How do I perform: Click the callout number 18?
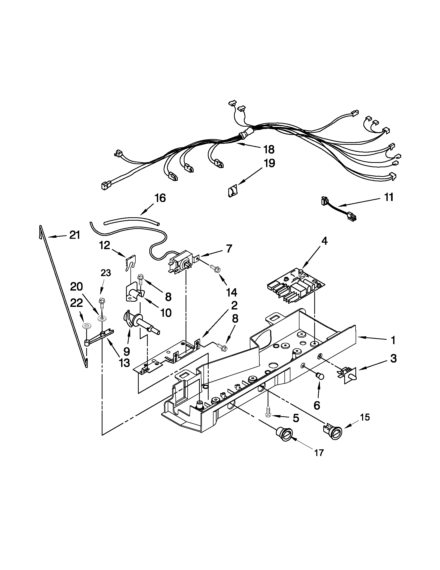point(269,149)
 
